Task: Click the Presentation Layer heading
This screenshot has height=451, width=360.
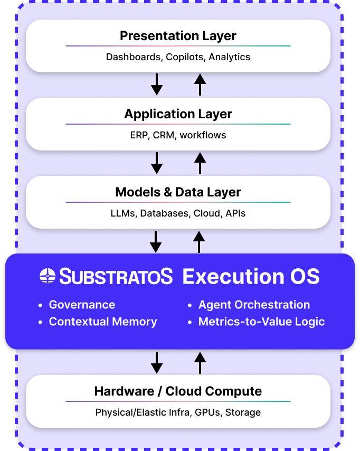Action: pos(178,36)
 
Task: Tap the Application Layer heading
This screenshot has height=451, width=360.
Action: pos(178,114)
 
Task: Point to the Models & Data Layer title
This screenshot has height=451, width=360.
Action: pos(178,192)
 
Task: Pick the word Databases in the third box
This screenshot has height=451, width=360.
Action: pos(164,213)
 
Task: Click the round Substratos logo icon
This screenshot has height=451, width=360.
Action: pos(48,276)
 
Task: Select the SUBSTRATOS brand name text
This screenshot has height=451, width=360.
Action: pos(116,276)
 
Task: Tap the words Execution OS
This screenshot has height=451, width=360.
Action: pos(251,276)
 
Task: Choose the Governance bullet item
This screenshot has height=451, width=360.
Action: pos(82,305)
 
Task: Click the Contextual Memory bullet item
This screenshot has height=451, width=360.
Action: pos(103,322)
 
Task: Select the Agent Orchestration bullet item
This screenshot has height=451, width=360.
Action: pos(254,305)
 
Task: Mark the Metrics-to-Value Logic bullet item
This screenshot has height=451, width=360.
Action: pos(261,322)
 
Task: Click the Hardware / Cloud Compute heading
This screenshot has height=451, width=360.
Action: pos(178,391)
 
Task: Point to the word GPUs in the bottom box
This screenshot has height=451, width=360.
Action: pos(208,412)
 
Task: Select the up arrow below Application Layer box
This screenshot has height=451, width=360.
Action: pos(200,163)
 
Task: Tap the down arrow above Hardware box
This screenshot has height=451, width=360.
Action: pos(157,362)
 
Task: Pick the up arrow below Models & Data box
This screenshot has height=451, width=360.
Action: pos(199,241)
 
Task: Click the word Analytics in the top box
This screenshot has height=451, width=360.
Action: pos(229,57)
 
